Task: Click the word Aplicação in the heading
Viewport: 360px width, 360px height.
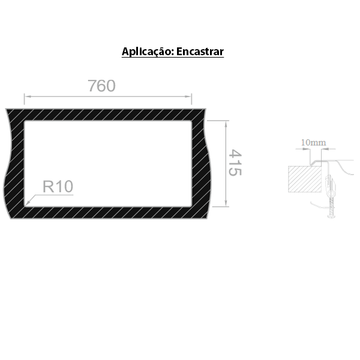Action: click(x=146, y=52)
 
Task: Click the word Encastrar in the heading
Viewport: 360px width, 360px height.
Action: click(x=200, y=52)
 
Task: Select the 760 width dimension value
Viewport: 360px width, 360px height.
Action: click(x=101, y=86)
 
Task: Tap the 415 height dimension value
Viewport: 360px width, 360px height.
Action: click(x=235, y=163)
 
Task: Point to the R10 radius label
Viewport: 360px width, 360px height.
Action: click(x=57, y=187)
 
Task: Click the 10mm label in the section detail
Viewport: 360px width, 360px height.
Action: click(x=313, y=142)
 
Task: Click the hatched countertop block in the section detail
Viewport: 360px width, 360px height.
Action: click(x=305, y=178)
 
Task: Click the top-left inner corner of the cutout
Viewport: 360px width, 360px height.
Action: click(x=26, y=122)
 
